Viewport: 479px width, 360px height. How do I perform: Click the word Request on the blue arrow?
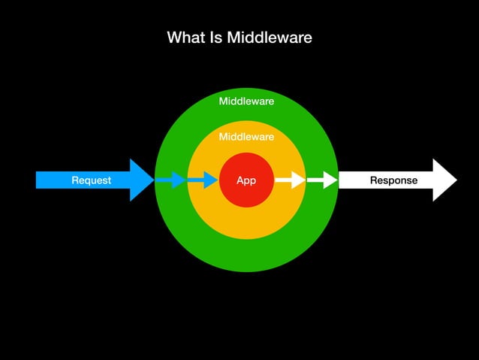pos(91,180)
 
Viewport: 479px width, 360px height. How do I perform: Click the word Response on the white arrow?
pos(393,180)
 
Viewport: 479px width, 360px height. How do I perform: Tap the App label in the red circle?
pos(246,180)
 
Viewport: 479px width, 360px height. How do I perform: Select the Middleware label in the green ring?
pos(246,101)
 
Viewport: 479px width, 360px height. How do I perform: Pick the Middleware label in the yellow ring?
pos(246,137)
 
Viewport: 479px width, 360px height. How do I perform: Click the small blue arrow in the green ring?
pos(171,180)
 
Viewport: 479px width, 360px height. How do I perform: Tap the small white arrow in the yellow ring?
pos(290,180)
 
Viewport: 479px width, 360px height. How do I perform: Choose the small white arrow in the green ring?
pos(322,180)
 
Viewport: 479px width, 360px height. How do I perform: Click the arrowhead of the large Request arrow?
pos(142,180)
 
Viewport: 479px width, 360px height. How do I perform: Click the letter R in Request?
pos(75,180)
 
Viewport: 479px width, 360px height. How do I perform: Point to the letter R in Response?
pos(374,180)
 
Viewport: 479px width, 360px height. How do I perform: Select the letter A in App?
pos(239,180)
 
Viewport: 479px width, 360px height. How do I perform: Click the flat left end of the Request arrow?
pos(38,180)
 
